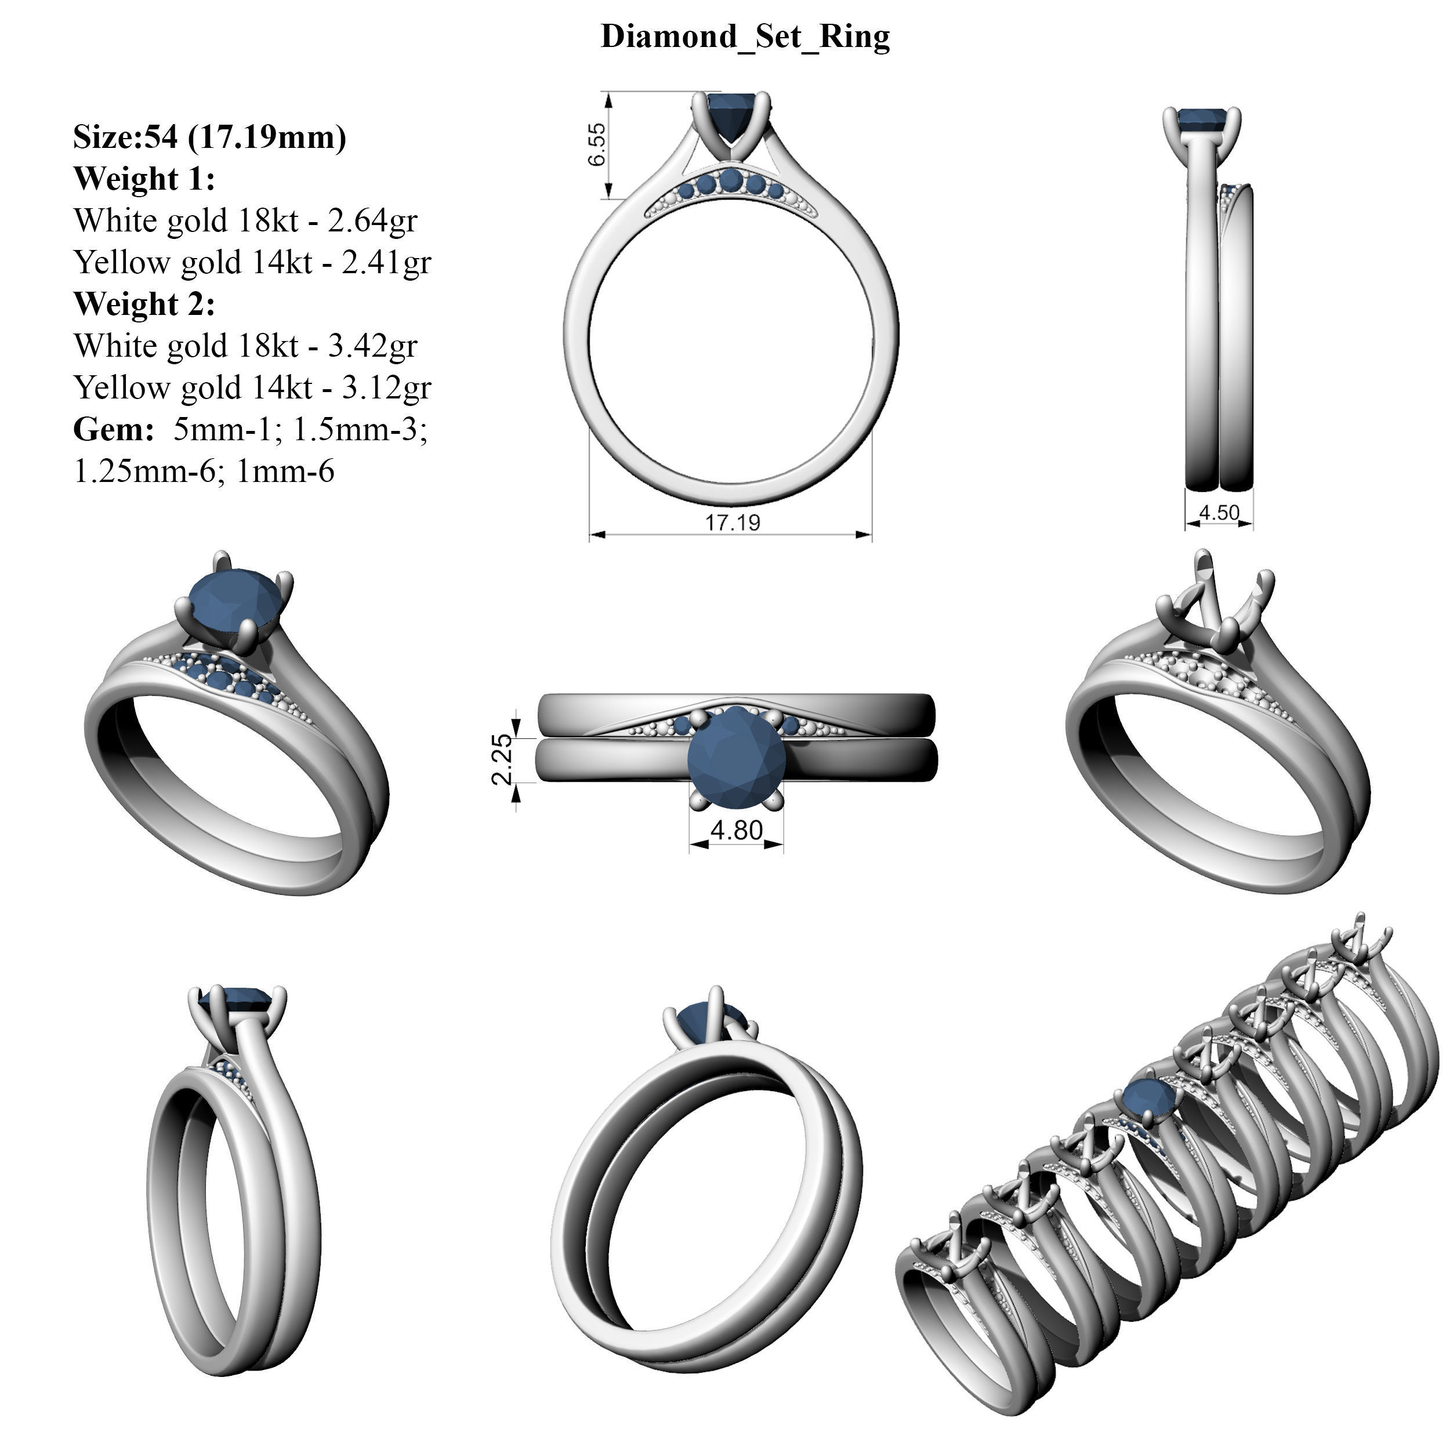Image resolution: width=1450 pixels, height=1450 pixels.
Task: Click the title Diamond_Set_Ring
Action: tap(745, 37)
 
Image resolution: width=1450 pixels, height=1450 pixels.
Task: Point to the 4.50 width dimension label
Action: tap(1219, 513)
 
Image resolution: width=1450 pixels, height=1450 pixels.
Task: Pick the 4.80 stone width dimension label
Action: tap(736, 831)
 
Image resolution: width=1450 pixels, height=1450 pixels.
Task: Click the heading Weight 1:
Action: tap(144, 179)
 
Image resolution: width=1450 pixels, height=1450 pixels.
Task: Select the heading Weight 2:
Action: tap(144, 304)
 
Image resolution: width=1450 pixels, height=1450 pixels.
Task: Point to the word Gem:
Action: tap(113, 430)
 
